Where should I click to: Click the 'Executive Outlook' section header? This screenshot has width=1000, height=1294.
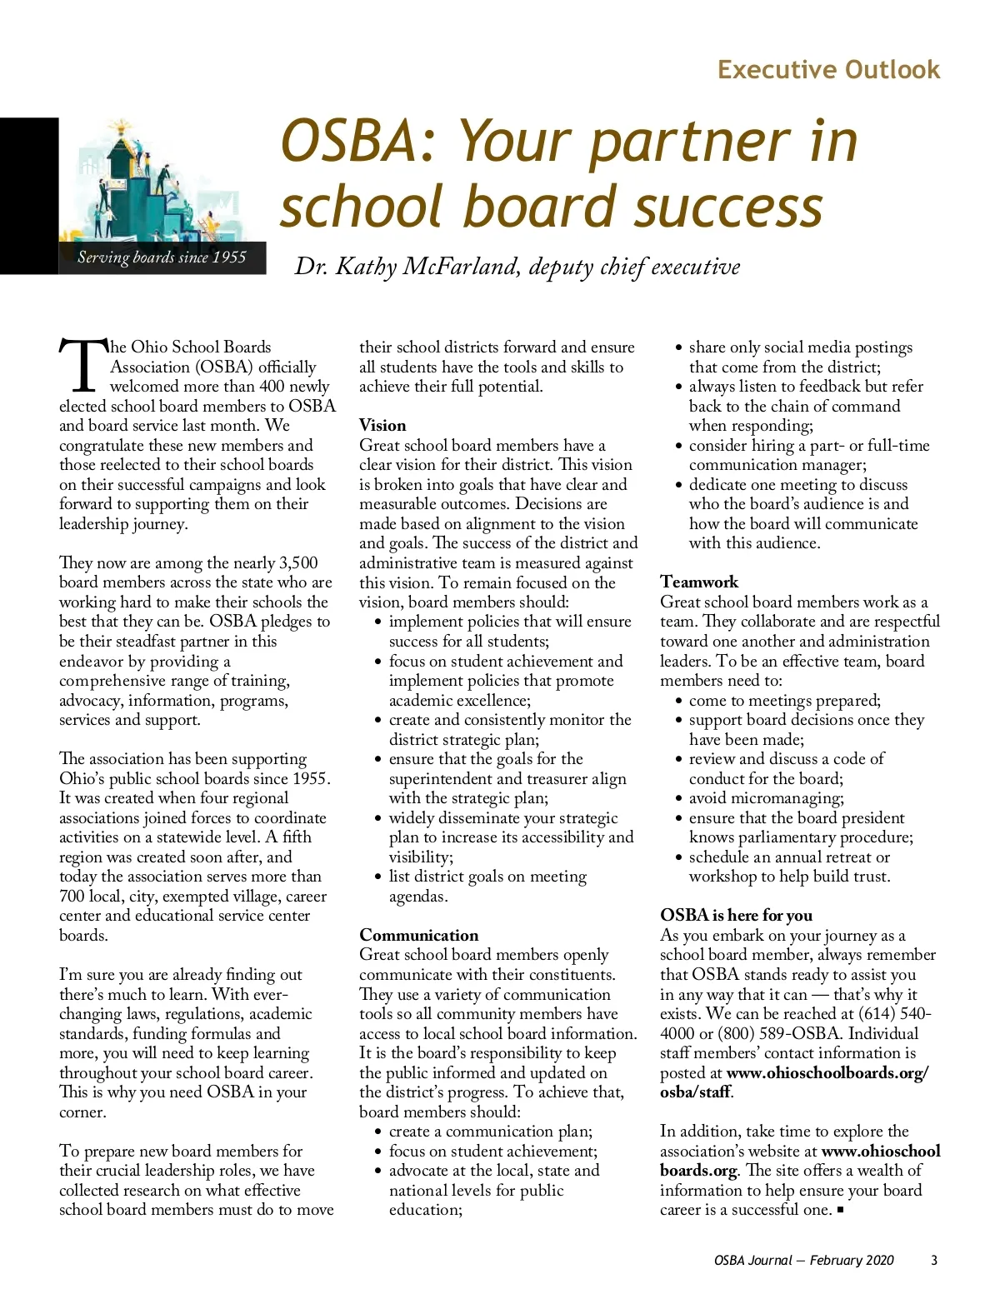point(828,69)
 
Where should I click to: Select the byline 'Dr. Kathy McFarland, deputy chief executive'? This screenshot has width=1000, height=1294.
point(517,267)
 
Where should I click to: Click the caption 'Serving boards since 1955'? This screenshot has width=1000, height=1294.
point(162,257)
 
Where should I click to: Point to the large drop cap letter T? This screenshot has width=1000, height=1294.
point(82,366)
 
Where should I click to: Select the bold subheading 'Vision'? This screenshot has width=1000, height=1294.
point(382,425)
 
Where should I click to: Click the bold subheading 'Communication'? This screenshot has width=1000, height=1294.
point(418,935)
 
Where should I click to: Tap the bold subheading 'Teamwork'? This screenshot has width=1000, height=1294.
point(699,582)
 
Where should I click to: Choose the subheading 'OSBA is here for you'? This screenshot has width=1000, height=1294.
point(736,915)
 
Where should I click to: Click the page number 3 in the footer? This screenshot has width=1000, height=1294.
point(934,1260)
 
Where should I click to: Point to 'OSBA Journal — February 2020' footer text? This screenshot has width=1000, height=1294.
point(803,1260)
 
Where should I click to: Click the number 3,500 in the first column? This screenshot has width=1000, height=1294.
point(298,562)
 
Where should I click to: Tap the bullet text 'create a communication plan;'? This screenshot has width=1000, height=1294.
point(491,1132)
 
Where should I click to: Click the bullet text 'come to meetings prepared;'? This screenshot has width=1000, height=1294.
point(784,700)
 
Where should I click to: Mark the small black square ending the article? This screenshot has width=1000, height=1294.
point(840,1210)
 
